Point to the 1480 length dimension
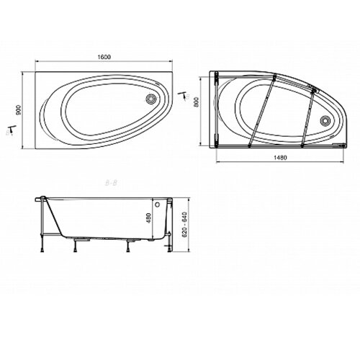(276, 158)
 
